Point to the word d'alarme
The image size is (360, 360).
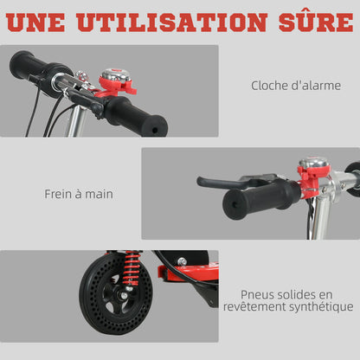[318, 86]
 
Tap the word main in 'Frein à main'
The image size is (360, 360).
[99, 194]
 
